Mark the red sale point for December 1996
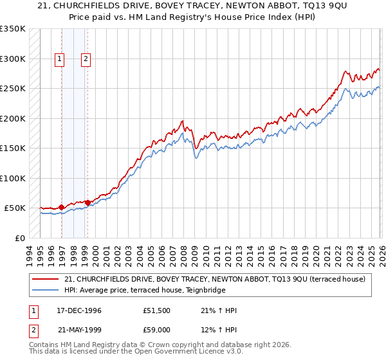click(x=62, y=207)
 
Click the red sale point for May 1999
click(x=87, y=203)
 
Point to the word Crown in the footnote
click(x=163, y=345)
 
